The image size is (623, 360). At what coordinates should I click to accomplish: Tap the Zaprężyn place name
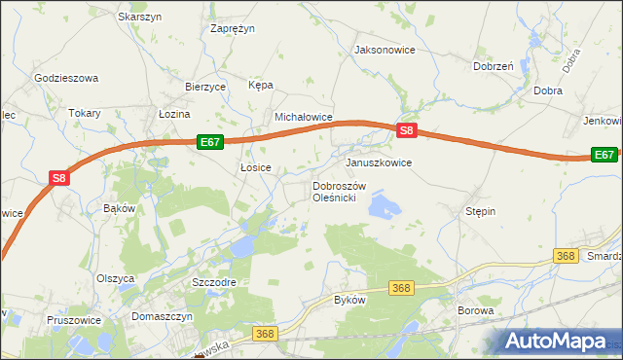pos(233,28)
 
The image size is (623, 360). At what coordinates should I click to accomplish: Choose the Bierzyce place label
pos(205,87)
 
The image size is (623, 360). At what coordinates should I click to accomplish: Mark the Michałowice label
pos(304,117)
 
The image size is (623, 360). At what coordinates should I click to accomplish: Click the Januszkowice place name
pos(379,162)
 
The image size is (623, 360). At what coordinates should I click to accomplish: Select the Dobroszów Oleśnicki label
pos(338,192)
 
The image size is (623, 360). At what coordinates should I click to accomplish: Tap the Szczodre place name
pos(214,281)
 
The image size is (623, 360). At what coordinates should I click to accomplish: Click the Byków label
pos(349,300)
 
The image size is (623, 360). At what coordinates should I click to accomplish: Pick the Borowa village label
pos(476,310)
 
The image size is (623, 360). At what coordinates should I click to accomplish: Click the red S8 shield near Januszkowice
pos(408,129)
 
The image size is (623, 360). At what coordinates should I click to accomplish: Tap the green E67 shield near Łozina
pos(210,142)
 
